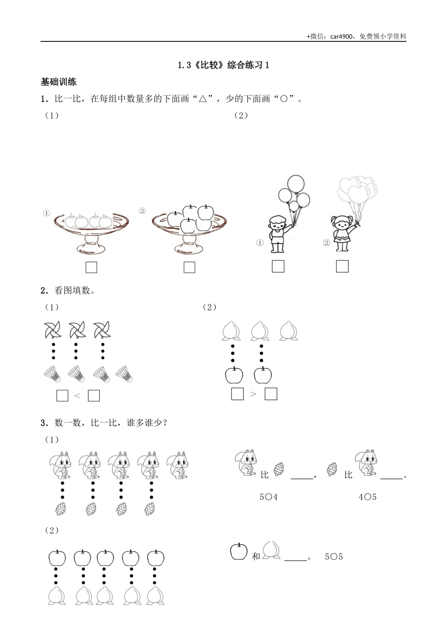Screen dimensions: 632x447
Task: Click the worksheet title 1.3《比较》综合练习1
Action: (x=223, y=65)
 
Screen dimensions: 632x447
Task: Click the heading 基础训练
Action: (x=58, y=82)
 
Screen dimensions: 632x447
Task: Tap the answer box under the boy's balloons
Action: (x=278, y=266)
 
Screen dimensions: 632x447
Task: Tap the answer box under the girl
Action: (x=342, y=266)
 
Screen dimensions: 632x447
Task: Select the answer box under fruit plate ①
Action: (x=91, y=268)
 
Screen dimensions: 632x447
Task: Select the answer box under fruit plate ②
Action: (x=189, y=268)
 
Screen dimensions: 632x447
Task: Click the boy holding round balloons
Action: (x=277, y=233)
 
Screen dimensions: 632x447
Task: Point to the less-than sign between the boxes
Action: (x=78, y=396)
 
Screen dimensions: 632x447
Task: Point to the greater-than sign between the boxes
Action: (x=254, y=394)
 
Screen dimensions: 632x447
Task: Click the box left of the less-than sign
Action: (x=62, y=396)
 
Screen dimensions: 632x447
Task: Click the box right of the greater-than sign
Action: (x=271, y=394)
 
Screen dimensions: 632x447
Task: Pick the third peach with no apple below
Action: (x=289, y=331)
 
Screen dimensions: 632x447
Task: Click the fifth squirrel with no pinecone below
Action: (x=179, y=465)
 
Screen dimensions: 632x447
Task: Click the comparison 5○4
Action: (x=268, y=497)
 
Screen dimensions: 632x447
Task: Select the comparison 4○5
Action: (x=367, y=497)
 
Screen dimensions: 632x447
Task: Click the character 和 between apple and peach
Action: (x=255, y=557)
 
